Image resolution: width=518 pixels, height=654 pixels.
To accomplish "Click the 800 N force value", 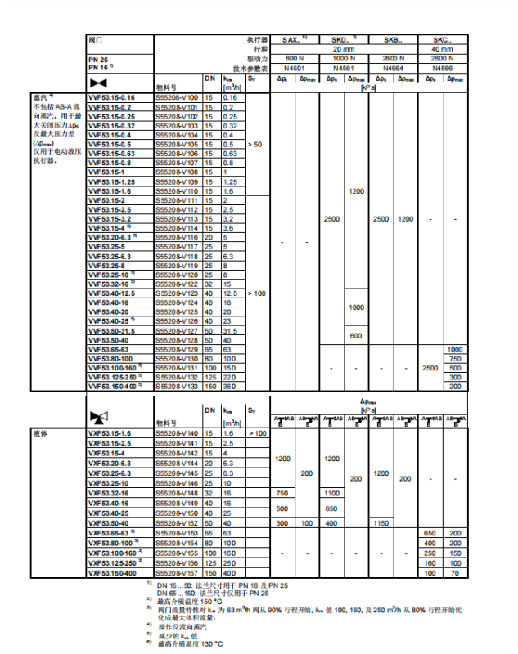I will pos(294,59).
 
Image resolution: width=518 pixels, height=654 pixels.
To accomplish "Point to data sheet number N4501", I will pos(294,69).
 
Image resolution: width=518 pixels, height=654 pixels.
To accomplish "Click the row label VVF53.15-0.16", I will pos(111,98).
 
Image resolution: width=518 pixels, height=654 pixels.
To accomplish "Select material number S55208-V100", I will pos(176,98).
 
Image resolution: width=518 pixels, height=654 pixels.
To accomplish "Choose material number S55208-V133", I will pos(176,386).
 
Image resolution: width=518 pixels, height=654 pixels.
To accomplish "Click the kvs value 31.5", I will pos(231,330).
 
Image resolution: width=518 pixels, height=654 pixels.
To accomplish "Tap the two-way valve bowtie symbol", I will pos(98,83).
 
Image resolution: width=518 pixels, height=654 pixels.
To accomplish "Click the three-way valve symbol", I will pos(98,417).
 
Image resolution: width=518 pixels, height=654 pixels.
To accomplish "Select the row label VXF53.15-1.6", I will pos(110,433).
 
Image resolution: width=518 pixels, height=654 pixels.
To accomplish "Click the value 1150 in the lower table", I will pos(381,522).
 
